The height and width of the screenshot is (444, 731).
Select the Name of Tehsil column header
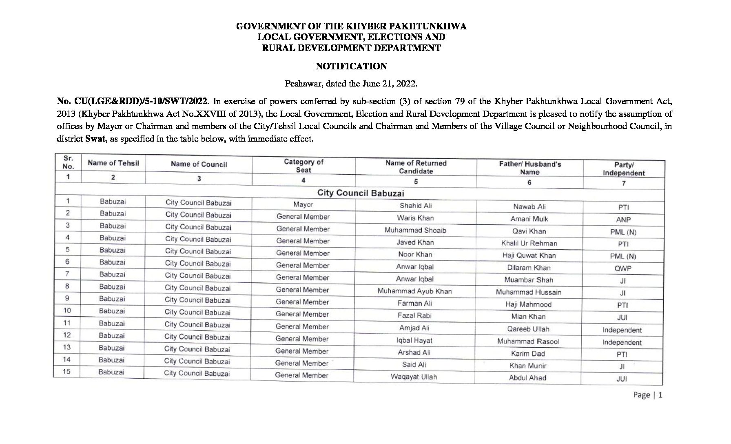[113, 163]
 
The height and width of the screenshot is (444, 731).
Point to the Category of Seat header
[303, 166]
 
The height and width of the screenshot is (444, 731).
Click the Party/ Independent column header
[623, 169]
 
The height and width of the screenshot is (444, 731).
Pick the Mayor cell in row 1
[303, 204]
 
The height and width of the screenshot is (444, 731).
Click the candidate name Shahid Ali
[415, 206]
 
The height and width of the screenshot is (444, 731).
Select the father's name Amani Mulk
[529, 219]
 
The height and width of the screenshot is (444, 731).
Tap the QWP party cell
[623, 269]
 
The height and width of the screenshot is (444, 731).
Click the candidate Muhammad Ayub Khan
[414, 291]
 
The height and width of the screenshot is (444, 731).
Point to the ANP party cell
[623, 220]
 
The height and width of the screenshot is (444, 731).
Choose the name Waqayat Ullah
[413, 377]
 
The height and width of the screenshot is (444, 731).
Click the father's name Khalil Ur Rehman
[529, 243]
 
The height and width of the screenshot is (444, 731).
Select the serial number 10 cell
[67, 311]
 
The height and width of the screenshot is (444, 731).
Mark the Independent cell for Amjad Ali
[622, 330]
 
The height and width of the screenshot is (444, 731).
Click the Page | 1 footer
[647, 395]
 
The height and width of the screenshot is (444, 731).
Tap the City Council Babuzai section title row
[360, 193]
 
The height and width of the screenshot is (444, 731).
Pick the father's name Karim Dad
[528, 353]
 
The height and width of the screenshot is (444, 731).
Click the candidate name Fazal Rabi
[414, 315]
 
